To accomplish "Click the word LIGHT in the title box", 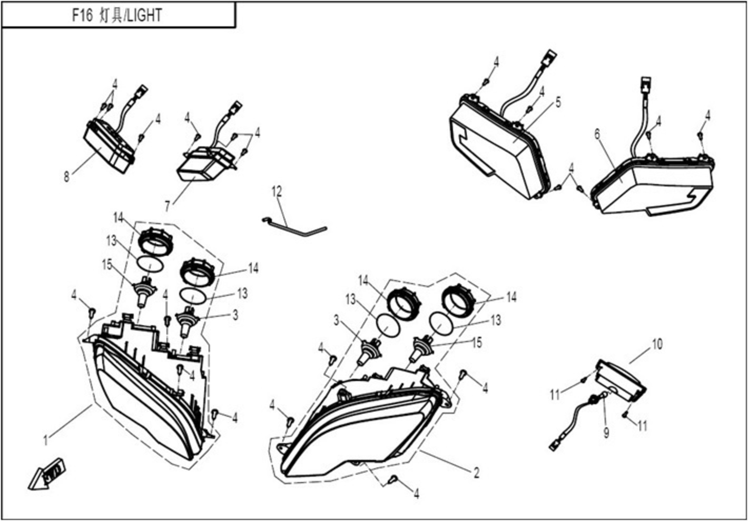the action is (x=144, y=15).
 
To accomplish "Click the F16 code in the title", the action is (x=82, y=15).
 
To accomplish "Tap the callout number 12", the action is (x=277, y=192).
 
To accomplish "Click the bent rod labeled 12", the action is (x=294, y=227).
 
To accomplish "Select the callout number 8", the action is (x=67, y=177).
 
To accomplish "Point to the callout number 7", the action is (x=168, y=206).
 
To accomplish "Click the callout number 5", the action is (x=558, y=103).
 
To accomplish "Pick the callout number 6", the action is (x=597, y=134).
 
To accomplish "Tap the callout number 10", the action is (x=657, y=344).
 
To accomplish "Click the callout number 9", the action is (x=606, y=433).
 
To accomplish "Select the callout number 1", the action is (x=46, y=440).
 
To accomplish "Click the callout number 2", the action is (x=476, y=473).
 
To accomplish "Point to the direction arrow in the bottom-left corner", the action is (x=47, y=474).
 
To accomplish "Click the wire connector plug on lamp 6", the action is (x=645, y=86).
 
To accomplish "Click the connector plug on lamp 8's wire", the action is (x=141, y=92).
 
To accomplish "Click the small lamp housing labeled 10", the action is (x=621, y=380).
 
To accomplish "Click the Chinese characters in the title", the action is (x=110, y=15).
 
